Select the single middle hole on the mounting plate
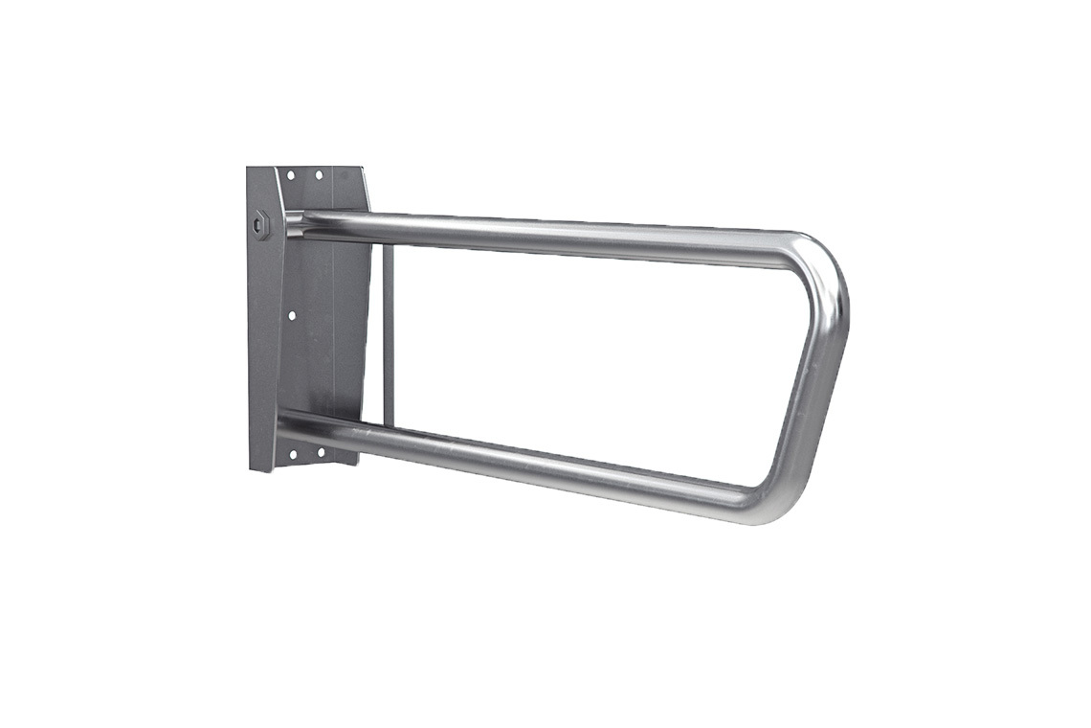click(x=292, y=314)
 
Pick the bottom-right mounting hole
click(x=320, y=452)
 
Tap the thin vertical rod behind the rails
click(x=388, y=335)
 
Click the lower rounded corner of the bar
click(x=766, y=503)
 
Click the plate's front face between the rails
click(x=330, y=326)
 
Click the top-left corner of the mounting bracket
click(x=248, y=169)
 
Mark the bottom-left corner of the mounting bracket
click(x=251, y=469)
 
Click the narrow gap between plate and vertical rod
click(x=377, y=335)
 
